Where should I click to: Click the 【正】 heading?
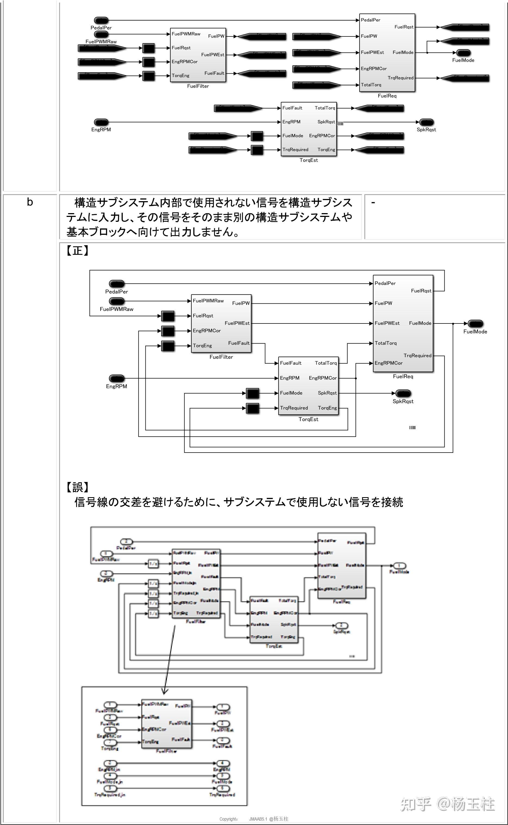point(77,250)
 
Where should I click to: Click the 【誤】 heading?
point(77,487)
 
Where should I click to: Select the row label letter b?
point(30,202)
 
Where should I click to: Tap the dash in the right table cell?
point(373,202)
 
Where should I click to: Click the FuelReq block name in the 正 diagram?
point(403,376)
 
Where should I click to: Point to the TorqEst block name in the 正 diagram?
point(308,419)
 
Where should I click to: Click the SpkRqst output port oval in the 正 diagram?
point(403,393)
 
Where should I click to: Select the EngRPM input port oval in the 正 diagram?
point(117,378)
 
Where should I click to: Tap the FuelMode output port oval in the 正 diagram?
point(475,323)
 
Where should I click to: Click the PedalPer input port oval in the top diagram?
point(101,20)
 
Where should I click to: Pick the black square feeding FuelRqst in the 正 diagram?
point(168,316)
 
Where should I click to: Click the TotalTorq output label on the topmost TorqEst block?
point(325,108)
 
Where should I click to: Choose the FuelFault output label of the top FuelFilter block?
point(214,73)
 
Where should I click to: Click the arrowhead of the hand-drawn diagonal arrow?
point(165,691)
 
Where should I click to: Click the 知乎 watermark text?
point(415,804)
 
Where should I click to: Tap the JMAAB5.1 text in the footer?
point(258,819)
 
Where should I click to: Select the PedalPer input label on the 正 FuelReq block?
point(385,283)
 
